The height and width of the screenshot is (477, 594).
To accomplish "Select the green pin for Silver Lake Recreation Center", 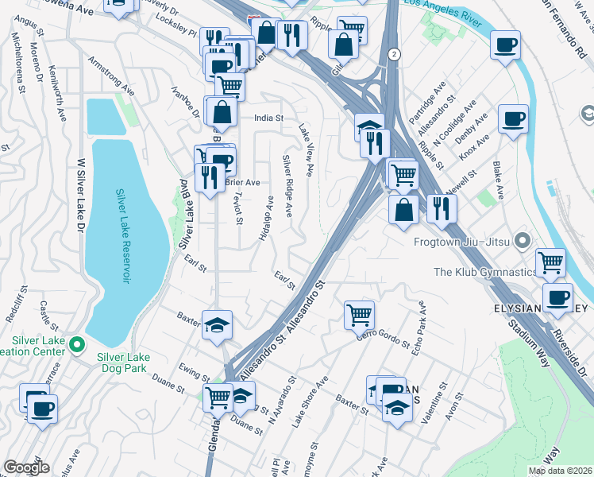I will pyautogui.click(x=77, y=345).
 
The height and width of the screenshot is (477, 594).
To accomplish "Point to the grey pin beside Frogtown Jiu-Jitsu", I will pyautogui.click(x=522, y=239).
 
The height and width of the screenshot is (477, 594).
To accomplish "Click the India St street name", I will pyautogui.click(x=269, y=118).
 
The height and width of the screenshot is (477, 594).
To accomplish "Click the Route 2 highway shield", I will pyautogui.click(x=393, y=54).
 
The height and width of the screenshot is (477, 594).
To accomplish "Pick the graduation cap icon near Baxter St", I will pyautogui.click(x=217, y=324).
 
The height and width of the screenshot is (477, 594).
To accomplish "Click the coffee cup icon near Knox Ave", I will pyautogui.click(x=513, y=120).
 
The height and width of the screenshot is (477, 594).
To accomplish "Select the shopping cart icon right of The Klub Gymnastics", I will pyautogui.click(x=550, y=261).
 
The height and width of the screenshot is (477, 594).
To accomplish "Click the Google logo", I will pyautogui.click(x=26, y=467).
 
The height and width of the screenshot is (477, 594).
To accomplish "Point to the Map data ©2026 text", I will pyautogui.click(x=558, y=470).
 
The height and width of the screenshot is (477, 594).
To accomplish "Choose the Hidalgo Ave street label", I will pyautogui.click(x=266, y=219).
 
